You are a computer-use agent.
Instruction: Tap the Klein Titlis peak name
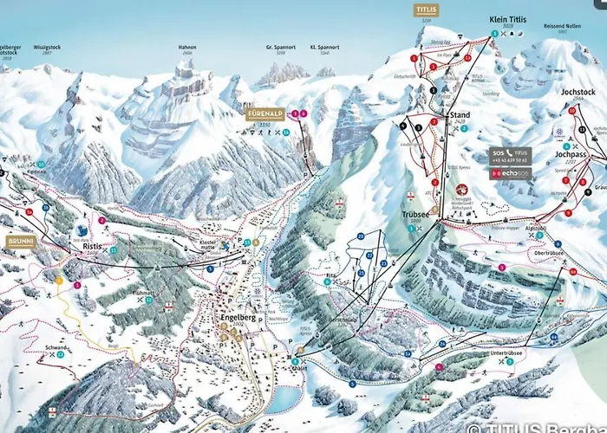[508, 18]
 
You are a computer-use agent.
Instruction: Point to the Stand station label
[459, 114]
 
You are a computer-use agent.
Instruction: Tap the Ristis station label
[93, 246]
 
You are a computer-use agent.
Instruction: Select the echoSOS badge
[511, 173]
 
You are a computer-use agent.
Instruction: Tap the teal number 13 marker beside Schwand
[61, 355]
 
